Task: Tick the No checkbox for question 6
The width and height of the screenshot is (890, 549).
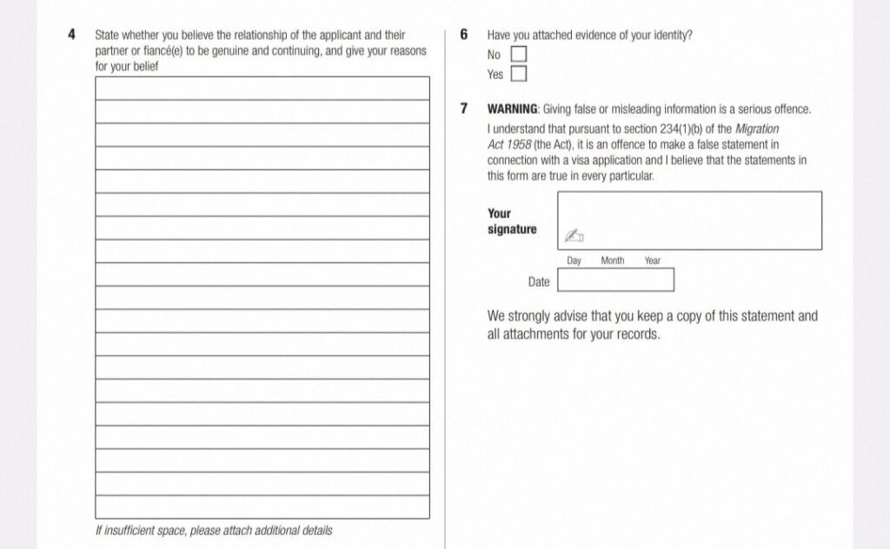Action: click(x=519, y=55)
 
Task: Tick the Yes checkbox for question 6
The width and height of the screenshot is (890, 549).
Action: click(x=519, y=74)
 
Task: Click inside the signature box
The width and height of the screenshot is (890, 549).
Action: click(x=689, y=220)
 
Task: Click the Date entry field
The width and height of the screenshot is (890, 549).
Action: click(x=615, y=281)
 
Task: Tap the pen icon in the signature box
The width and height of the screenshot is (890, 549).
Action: click(x=574, y=235)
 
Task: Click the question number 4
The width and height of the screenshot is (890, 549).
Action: click(x=72, y=36)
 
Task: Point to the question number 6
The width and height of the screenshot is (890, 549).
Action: click(x=463, y=36)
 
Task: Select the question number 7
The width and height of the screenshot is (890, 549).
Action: click(x=463, y=109)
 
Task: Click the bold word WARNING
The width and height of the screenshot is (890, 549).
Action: click(x=513, y=109)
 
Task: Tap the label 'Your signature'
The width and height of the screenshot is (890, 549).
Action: click(x=511, y=222)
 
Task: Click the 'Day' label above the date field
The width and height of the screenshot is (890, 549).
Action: click(x=575, y=261)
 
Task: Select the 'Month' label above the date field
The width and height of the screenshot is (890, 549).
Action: click(x=613, y=261)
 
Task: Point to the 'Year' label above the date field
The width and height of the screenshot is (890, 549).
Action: click(x=653, y=261)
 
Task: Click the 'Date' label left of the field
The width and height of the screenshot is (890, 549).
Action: click(x=539, y=281)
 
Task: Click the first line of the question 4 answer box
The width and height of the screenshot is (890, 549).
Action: click(x=262, y=89)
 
